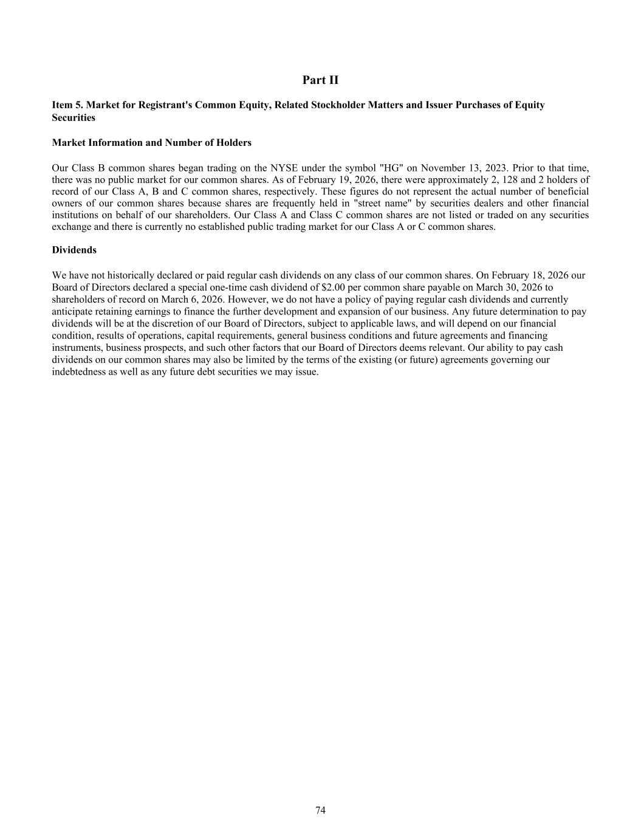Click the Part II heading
click(x=320, y=80)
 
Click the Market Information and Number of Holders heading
click(x=151, y=143)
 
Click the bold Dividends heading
click(x=74, y=251)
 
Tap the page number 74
click(x=320, y=811)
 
